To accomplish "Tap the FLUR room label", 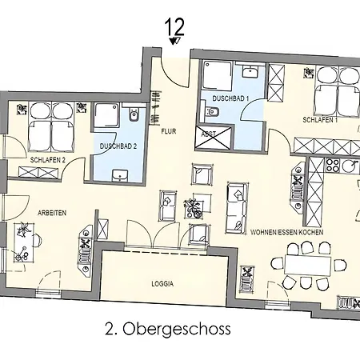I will [x=168, y=130].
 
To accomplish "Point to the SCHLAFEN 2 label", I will [x=47, y=160].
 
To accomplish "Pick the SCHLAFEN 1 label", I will [x=319, y=119].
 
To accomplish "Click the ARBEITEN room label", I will [x=51, y=212].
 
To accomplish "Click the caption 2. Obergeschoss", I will [x=168, y=328].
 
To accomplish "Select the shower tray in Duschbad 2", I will [x=106, y=118].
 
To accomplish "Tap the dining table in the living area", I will [x=302, y=263].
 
